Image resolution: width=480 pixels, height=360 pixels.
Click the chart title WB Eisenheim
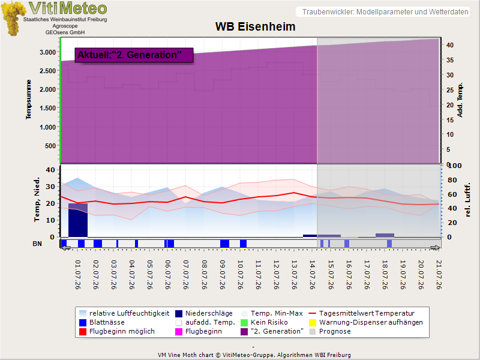[x=256, y=26]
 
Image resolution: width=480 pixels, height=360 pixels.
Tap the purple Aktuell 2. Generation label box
[x=134, y=55]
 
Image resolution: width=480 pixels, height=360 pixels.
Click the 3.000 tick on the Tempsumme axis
[x=48, y=52]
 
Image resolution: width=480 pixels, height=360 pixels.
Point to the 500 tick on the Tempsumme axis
[x=50, y=146]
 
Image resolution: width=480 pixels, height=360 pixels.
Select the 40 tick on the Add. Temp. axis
[x=449, y=45]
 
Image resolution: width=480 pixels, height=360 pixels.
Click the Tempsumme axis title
[x=28, y=100]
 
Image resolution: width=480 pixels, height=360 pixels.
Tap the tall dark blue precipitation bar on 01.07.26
[x=78, y=220]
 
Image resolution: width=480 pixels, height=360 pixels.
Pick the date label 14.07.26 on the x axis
[x=312, y=275]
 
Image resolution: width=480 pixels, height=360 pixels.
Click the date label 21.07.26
[x=439, y=275]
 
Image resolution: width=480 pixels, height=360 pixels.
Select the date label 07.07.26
[x=186, y=275]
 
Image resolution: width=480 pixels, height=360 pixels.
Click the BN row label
[x=37, y=244]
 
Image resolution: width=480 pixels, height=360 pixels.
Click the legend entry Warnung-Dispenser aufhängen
[x=366, y=322]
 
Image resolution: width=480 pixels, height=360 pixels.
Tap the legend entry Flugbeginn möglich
[x=117, y=331]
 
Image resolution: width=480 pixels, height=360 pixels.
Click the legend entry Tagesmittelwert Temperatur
[x=362, y=313]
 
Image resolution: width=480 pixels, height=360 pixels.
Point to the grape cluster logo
[x=13, y=19]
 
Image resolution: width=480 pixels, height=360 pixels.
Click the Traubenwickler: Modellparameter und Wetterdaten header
[x=385, y=12]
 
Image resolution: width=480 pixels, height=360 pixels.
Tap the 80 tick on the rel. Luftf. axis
[x=452, y=180]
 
